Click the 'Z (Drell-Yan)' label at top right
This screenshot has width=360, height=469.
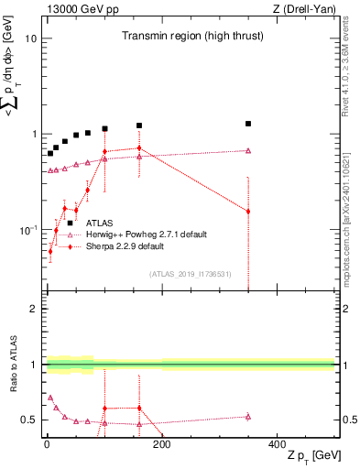point(303,9)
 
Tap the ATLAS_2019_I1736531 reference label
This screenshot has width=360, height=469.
point(190,274)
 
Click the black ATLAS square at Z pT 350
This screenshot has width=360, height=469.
point(248,124)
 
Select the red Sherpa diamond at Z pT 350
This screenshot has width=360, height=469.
point(248,212)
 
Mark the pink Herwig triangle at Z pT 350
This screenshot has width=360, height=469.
point(248,151)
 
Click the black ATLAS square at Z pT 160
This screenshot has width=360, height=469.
point(139,125)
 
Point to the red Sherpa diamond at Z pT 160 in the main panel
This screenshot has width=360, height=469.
point(139,148)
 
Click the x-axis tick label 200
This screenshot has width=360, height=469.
point(161,446)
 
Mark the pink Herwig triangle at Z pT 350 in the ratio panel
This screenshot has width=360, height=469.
point(248,417)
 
